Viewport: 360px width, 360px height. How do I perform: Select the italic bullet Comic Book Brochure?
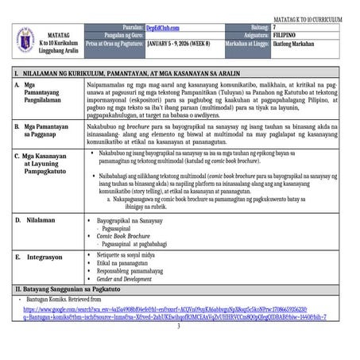pyautogui.click(x=126, y=236)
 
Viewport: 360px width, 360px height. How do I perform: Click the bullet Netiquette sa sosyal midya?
pyautogui.click(x=132, y=254)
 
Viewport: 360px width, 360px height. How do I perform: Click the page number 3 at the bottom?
pyautogui.click(x=179, y=326)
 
